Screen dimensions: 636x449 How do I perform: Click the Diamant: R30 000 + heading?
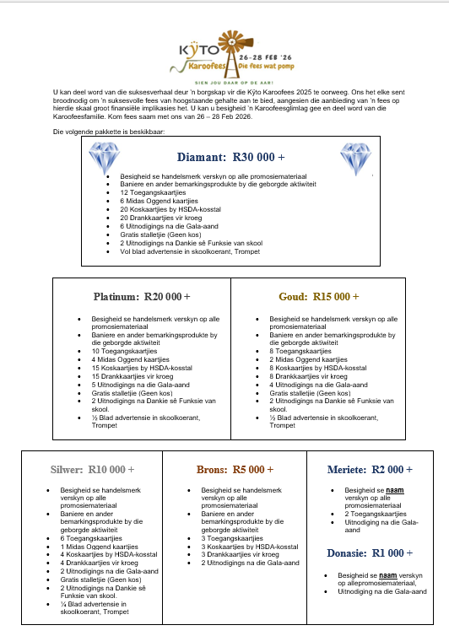click(x=230, y=157)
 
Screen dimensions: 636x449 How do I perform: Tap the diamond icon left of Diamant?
click(x=105, y=158)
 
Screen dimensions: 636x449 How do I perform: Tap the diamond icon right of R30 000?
click(x=355, y=158)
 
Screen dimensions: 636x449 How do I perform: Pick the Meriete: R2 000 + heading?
click(x=371, y=469)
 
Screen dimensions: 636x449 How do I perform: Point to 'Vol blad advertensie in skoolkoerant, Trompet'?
click(x=189, y=251)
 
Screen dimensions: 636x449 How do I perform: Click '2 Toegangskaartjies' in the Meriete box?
click(x=376, y=513)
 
